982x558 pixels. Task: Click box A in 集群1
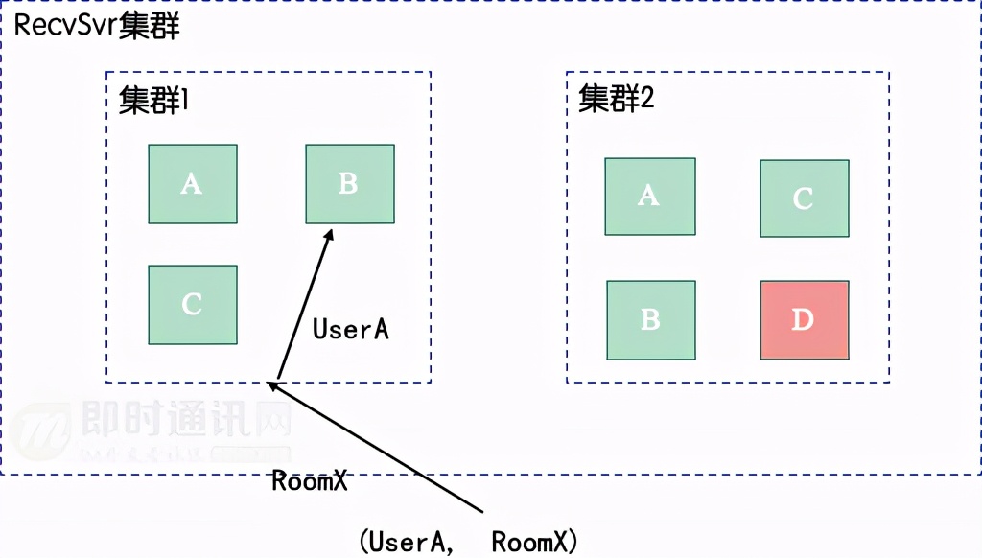[x=192, y=184]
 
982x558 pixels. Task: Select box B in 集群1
[x=349, y=184]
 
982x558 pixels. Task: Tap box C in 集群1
[x=192, y=305]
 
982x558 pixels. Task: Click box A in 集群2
[x=649, y=197]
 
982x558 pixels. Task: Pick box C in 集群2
[x=804, y=198]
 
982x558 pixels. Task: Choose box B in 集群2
[x=650, y=319]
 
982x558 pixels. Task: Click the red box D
[x=804, y=319]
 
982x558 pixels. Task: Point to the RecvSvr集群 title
[x=97, y=26]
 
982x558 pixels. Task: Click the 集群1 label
[x=154, y=101]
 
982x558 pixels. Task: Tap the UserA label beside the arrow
[x=351, y=329]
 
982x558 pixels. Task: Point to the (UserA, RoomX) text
[x=468, y=542]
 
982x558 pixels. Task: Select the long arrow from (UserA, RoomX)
[x=384, y=451]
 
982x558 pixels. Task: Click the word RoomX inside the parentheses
[x=529, y=542]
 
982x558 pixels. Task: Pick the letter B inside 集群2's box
[x=650, y=319]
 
